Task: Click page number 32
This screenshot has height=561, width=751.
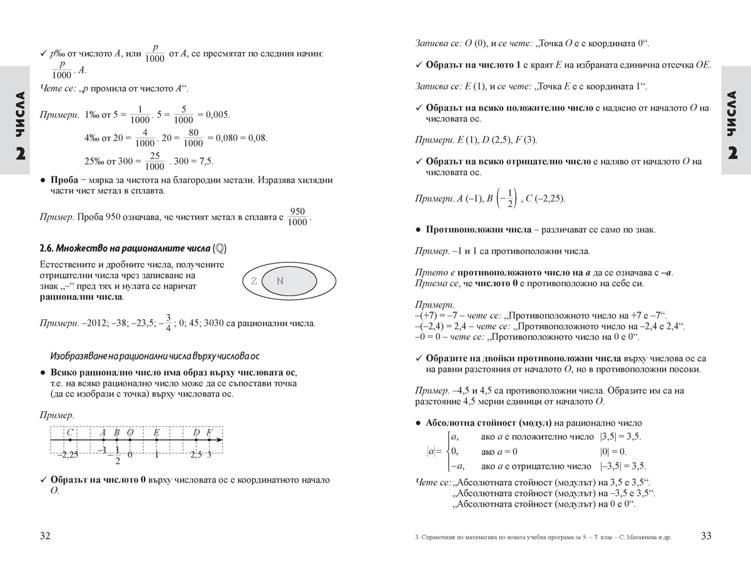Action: click(44, 535)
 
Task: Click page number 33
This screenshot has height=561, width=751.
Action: click(705, 535)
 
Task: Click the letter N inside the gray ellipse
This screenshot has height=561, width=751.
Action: click(280, 281)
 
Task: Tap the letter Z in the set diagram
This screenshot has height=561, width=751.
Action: click(254, 281)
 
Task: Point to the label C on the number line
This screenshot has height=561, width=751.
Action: click(70, 432)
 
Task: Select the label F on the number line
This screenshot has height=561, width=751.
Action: click(209, 432)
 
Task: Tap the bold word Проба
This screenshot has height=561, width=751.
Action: click(64, 180)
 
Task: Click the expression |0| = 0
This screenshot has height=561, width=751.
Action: click(613, 451)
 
